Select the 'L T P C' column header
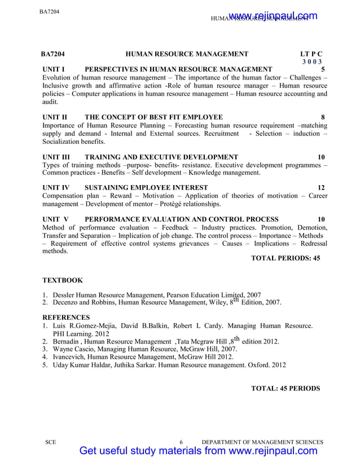(311, 54)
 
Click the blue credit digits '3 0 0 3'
(311, 62)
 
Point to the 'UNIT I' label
(55, 69)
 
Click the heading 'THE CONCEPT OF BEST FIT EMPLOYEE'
(153, 117)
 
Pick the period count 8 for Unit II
(322, 117)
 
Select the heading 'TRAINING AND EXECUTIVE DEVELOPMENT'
(161, 156)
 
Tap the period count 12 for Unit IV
(321, 187)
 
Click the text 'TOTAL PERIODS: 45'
(285, 258)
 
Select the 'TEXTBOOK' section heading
(63, 280)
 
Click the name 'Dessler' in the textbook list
(64, 294)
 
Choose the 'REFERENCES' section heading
(65, 318)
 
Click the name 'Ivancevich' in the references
(70, 357)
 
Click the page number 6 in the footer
(181, 442)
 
